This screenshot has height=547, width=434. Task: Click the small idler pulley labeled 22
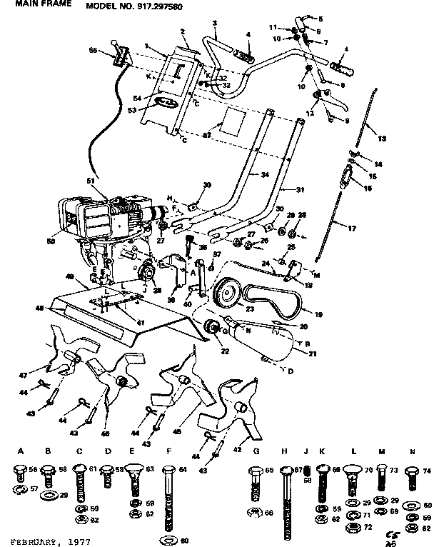211,328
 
